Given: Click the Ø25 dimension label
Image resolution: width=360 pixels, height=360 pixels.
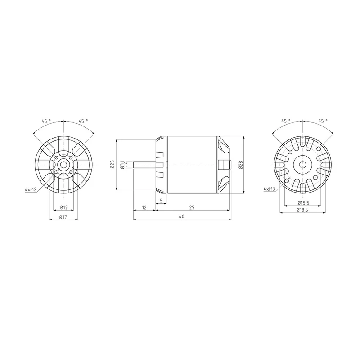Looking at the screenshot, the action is click(112, 164).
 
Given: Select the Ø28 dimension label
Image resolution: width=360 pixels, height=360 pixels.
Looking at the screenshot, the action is click(240, 165).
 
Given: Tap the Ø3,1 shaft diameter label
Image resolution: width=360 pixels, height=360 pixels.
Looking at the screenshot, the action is click(122, 165).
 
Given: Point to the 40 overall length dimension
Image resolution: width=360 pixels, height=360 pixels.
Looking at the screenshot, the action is click(182, 216).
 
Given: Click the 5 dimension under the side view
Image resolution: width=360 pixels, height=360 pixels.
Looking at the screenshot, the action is click(161, 201).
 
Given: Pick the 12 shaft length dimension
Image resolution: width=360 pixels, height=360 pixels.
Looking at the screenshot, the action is click(144, 207).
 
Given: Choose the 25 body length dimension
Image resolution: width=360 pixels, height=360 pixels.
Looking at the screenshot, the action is click(192, 207).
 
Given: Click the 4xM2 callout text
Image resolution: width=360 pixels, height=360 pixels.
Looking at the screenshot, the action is click(31, 189).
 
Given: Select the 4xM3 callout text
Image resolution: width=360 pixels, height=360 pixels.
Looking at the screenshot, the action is click(270, 189).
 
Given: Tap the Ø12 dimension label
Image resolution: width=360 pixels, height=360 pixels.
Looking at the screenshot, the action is click(64, 207).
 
